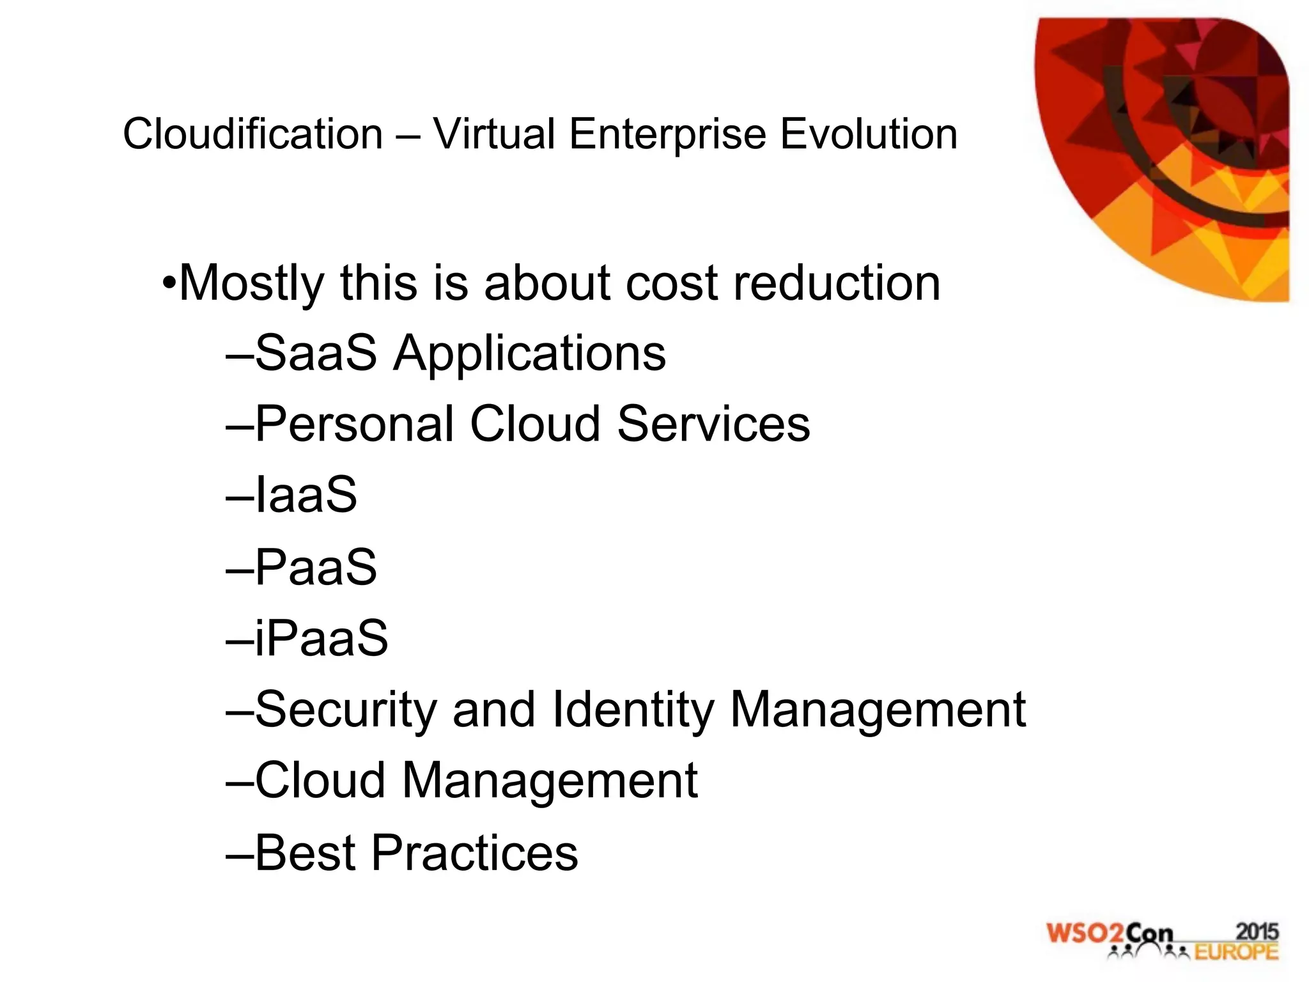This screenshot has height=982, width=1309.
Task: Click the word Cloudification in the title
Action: [252, 134]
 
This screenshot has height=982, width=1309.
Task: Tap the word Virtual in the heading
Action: [493, 134]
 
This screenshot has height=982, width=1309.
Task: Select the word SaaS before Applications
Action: [316, 353]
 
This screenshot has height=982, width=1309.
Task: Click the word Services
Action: [713, 423]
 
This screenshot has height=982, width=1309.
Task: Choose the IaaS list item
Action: [306, 495]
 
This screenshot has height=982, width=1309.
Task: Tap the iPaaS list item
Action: [321, 638]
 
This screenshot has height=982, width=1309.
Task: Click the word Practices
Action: [474, 853]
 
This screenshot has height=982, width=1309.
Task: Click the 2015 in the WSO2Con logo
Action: [1257, 931]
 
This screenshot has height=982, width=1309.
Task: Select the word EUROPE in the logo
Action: [1236, 952]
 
